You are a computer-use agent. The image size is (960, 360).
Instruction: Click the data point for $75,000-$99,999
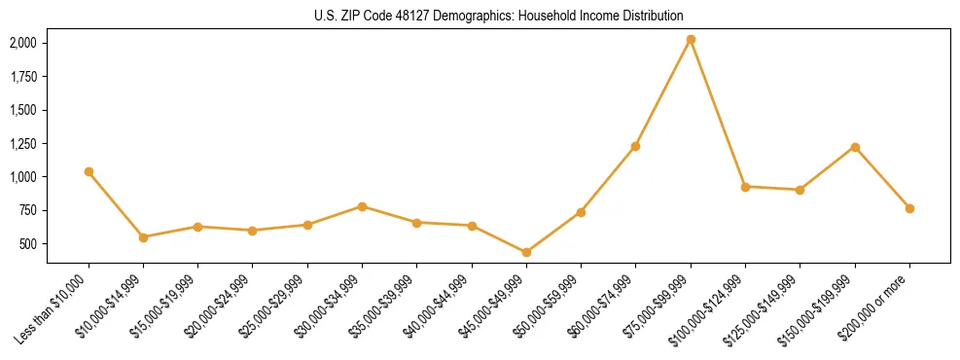pyautogui.click(x=691, y=40)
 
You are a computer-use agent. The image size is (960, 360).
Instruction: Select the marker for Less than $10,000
pyautogui.click(x=89, y=171)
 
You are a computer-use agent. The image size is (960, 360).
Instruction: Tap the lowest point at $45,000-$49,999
pyautogui.click(x=526, y=252)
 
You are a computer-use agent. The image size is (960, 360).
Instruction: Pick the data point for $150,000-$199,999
pyautogui.click(x=855, y=147)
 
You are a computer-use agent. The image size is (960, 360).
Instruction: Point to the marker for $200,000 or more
pyautogui.click(x=909, y=208)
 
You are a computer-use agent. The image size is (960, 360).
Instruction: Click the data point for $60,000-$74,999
pyautogui.click(x=635, y=146)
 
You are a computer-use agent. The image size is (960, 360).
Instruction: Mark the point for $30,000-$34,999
pyautogui.click(x=362, y=206)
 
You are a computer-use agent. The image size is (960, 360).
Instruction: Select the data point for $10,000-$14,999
pyautogui.click(x=143, y=236)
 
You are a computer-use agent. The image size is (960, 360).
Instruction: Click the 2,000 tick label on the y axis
pyautogui.click(x=23, y=43)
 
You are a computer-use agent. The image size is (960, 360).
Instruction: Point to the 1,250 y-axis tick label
pyautogui.click(x=23, y=143)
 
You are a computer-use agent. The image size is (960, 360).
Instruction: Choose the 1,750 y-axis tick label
pyautogui.click(x=23, y=77)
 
